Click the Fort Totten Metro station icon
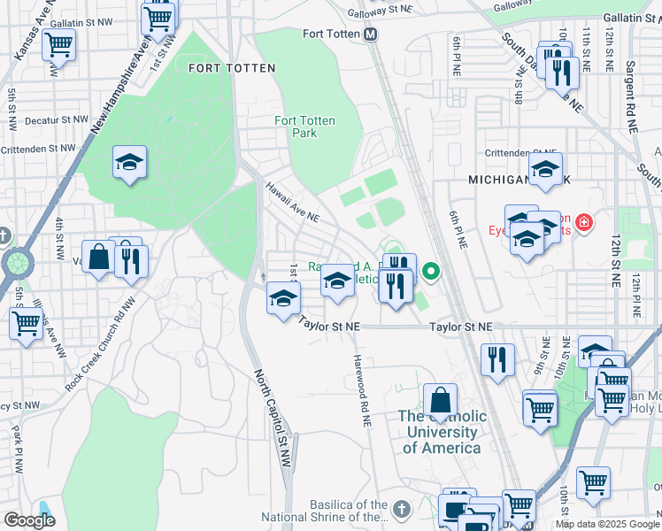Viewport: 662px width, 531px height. click(371, 35)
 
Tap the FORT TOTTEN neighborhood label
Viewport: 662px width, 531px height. click(232, 68)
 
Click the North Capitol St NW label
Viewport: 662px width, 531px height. click(272, 412)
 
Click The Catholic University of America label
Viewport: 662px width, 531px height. click(442, 432)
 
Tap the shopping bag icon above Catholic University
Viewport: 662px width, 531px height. click(440, 399)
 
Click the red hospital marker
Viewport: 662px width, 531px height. click(583, 221)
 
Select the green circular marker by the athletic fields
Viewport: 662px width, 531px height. click(432, 271)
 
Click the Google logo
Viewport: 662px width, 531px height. click(29, 520)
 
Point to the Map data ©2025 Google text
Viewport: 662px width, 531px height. click(606, 524)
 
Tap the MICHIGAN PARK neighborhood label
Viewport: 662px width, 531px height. click(518, 180)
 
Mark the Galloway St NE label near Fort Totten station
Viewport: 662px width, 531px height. click(381, 8)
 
